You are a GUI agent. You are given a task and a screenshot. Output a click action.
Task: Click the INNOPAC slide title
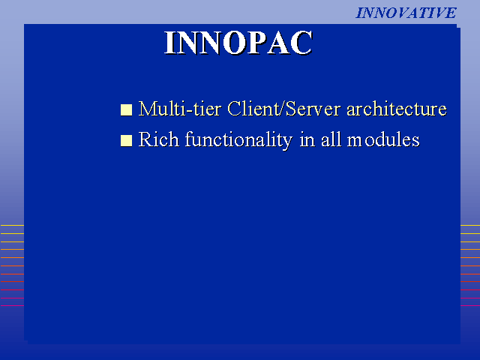click(x=238, y=43)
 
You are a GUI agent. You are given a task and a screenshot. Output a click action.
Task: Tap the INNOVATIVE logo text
click(x=406, y=13)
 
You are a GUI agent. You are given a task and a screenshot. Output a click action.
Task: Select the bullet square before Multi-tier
click(x=126, y=110)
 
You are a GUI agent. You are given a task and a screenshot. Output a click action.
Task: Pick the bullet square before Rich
click(x=126, y=141)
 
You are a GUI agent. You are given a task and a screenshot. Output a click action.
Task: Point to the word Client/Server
click(x=283, y=108)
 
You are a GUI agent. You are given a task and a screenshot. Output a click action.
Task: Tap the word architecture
click(x=397, y=109)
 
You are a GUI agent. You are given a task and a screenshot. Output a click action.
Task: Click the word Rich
click(x=158, y=139)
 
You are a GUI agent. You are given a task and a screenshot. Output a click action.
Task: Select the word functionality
click(x=238, y=140)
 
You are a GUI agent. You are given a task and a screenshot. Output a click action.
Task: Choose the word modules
click(x=383, y=139)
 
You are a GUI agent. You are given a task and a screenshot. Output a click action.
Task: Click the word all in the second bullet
click(x=331, y=139)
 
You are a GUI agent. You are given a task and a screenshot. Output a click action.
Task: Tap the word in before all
click(x=307, y=139)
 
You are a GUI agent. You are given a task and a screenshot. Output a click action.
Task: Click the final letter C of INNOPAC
click(x=301, y=43)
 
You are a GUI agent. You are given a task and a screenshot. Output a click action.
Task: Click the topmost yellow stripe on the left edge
click(x=12, y=225)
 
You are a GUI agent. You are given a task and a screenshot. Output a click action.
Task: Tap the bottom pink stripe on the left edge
click(x=12, y=305)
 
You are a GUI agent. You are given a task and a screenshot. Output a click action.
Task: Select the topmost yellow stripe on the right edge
click(x=470, y=225)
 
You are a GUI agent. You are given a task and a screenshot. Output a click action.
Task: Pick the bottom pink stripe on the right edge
click(x=470, y=305)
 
